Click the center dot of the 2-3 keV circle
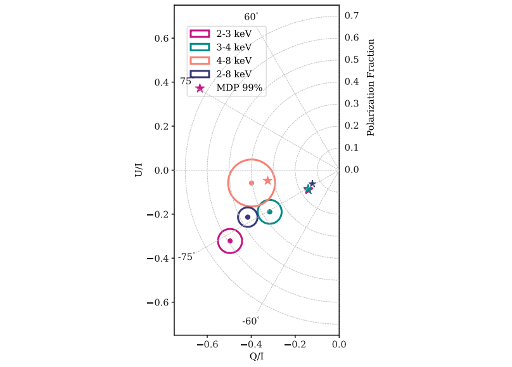(x=230, y=241)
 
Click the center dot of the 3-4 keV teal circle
(x=270, y=212)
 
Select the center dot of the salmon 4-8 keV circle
(x=252, y=183)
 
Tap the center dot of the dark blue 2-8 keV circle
(x=248, y=217)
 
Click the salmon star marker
(x=267, y=181)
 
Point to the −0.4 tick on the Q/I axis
(x=252, y=346)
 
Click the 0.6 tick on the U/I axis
(x=163, y=38)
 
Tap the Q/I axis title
(x=257, y=357)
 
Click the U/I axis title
(x=139, y=170)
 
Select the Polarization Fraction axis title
(x=371, y=87)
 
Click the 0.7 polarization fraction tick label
(x=352, y=15)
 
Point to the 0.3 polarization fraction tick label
(x=352, y=103)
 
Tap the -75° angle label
(x=185, y=257)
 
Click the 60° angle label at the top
(x=252, y=16)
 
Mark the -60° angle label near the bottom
(x=250, y=321)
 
